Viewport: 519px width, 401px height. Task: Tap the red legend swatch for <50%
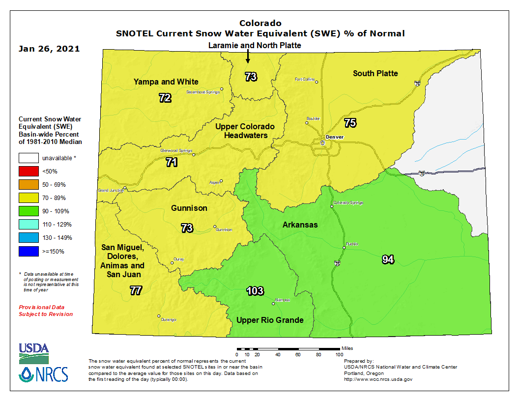(x=29, y=172)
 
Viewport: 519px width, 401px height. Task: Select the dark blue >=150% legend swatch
(x=29, y=251)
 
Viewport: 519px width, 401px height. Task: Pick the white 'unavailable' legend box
(x=29, y=158)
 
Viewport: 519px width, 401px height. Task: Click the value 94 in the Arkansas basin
(x=388, y=259)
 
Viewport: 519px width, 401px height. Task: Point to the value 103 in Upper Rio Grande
(x=255, y=290)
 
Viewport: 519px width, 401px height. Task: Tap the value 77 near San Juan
(x=136, y=290)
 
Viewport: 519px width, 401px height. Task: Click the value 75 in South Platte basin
(x=350, y=123)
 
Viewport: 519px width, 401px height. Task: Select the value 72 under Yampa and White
(x=165, y=98)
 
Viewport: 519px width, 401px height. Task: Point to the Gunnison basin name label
(x=189, y=208)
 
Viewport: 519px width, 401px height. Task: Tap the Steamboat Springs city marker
(x=222, y=89)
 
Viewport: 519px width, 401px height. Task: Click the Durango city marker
(x=159, y=316)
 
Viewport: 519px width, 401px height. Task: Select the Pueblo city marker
(x=344, y=248)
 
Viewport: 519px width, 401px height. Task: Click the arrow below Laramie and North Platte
(x=248, y=57)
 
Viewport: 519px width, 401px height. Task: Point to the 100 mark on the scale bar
(x=339, y=354)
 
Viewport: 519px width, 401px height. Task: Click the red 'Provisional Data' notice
(x=46, y=310)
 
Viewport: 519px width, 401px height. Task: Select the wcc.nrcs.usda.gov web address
(x=377, y=379)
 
